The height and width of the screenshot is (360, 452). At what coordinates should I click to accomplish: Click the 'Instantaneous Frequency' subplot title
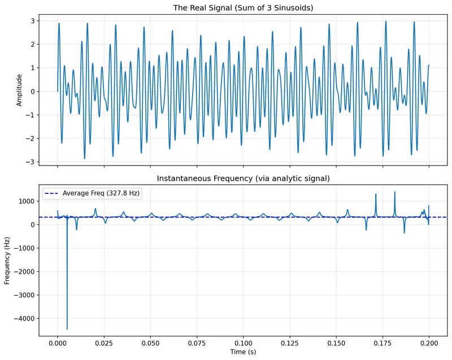point(244,179)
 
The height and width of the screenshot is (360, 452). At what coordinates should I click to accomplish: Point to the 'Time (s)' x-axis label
point(244,352)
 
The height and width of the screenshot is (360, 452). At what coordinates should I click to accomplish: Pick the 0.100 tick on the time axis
point(244,342)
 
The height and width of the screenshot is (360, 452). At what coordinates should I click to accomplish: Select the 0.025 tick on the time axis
point(104,342)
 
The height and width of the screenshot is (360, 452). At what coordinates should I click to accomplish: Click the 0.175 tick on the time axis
point(383,342)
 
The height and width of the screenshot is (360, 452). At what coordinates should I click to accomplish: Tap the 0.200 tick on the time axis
point(429,342)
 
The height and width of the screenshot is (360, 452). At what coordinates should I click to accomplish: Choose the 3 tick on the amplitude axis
point(34,21)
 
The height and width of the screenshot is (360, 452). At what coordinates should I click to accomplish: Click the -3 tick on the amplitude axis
point(32,162)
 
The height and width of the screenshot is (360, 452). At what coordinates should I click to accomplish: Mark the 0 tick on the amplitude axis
point(34,92)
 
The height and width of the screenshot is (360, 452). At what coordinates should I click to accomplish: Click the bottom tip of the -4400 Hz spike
point(67,329)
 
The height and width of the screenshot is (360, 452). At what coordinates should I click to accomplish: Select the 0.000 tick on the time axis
point(58,342)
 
